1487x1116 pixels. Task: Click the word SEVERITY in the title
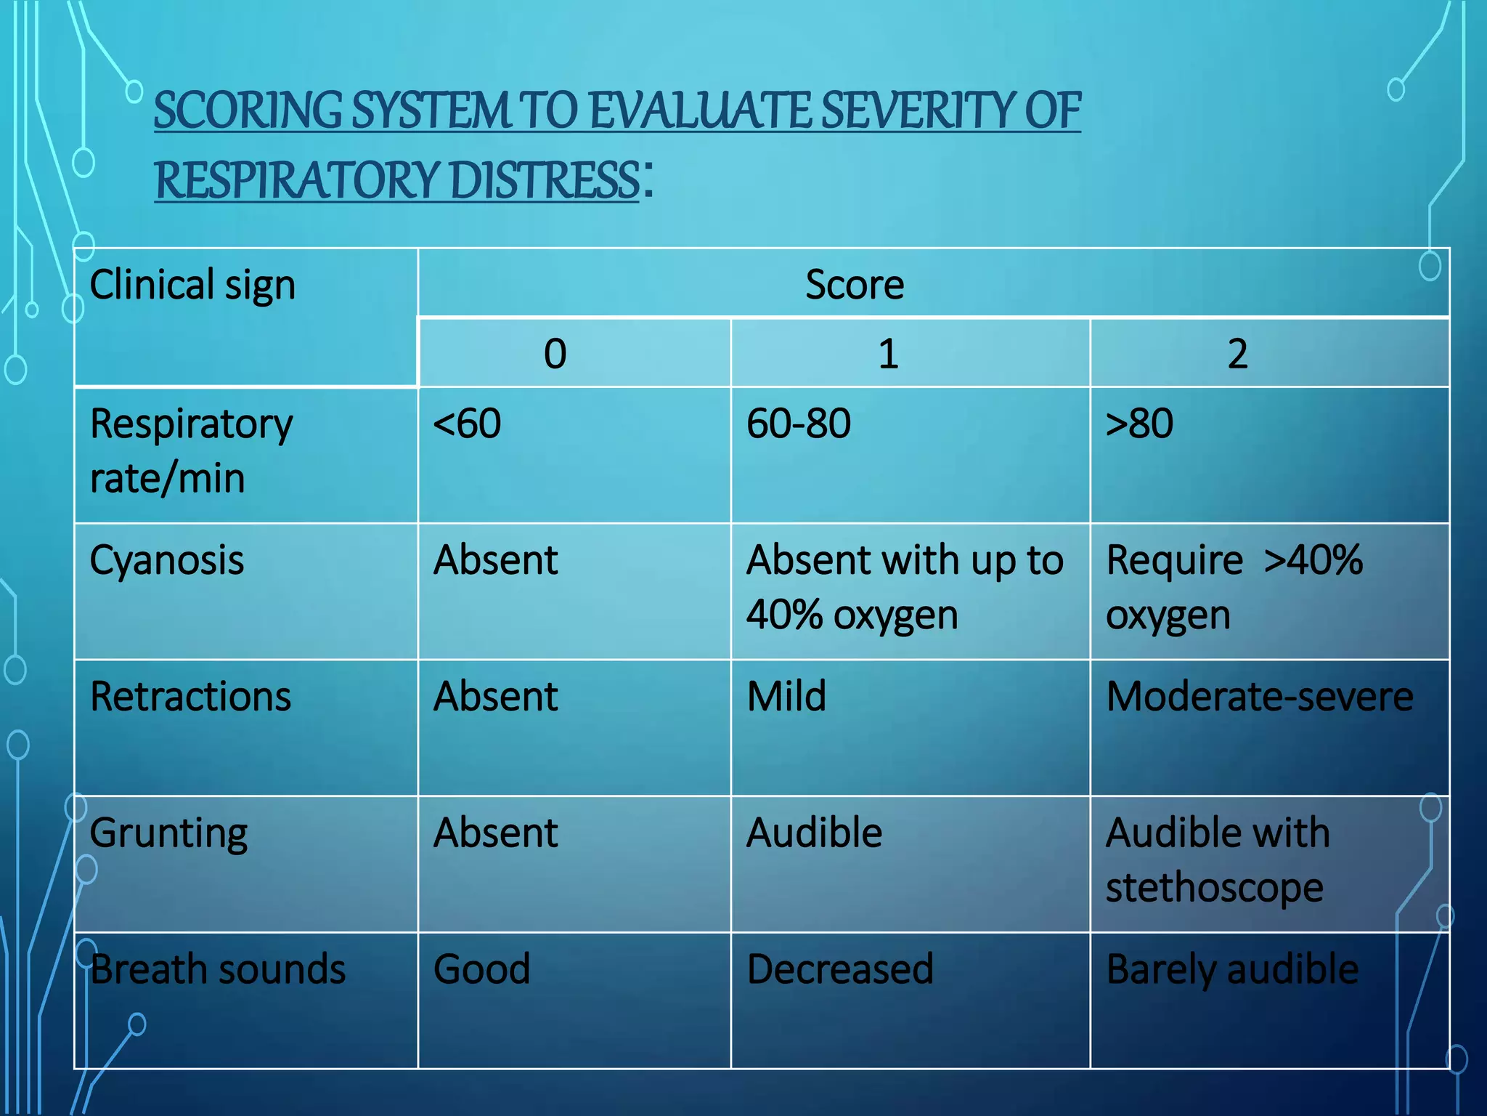tap(918, 111)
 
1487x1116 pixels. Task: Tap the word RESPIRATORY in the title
tap(296, 181)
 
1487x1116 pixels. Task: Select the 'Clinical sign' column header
tap(192, 285)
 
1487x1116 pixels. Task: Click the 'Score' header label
tap(855, 285)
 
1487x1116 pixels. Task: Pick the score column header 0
tap(555, 354)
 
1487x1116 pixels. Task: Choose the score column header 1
tap(888, 354)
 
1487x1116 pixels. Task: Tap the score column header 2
tap(1237, 354)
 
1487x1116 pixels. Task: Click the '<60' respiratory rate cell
tap(467, 424)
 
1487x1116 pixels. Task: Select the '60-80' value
tap(799, 424)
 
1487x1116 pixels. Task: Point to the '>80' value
tap(1139, 424)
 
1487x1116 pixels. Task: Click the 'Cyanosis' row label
tap(167, 561)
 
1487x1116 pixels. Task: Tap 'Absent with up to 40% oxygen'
tap(905, 588)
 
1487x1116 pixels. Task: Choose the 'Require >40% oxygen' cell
tap(1234, 588)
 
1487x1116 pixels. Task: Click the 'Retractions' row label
tap(190, 697)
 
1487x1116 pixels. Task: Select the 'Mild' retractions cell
tap(786, 697)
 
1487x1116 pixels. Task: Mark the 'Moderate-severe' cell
tap(1260, 697)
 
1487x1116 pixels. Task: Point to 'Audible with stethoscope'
tap(1218, 860)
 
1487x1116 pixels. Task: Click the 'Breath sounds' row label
tap(218, 969)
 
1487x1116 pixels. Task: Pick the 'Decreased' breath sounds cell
tap(840, 969)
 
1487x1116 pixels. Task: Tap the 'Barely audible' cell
tap(1232, 969)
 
